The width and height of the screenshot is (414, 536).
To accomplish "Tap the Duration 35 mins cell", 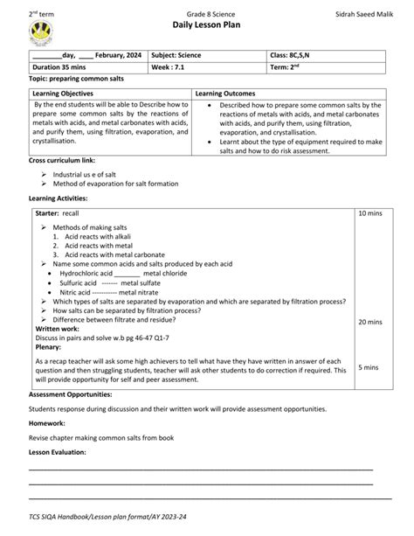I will click(x=62, y=66).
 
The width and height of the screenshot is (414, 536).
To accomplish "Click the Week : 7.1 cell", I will click(x=169, y=66).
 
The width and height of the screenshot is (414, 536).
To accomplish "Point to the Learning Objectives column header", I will click(x=67, y=93).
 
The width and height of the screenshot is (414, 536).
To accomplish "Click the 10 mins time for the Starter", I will click(x=370, y=213).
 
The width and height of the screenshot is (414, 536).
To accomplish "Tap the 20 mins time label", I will click(x=370, y=322).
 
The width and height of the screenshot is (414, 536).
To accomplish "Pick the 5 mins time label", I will click(x=368, y=368).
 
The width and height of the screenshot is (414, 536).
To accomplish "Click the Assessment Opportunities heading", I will click(x=74, y=394).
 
